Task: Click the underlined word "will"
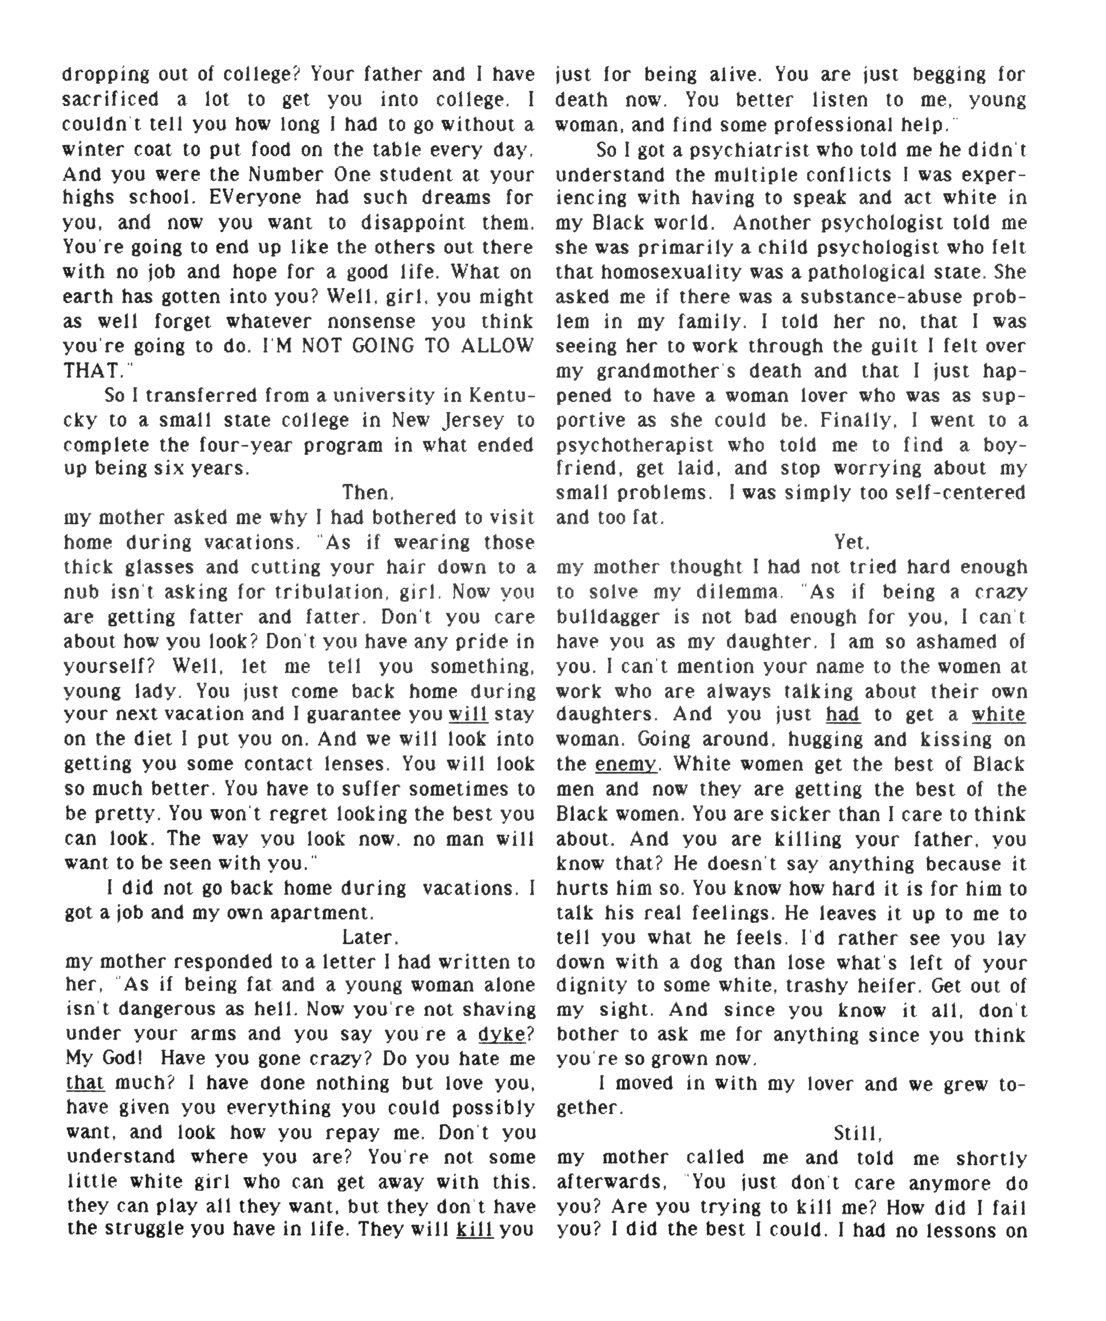point(468,714)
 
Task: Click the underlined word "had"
point(843,714)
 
